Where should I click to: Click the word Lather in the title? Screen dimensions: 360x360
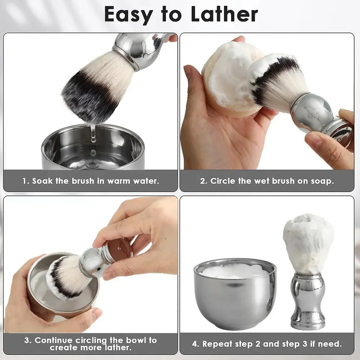(224, 14)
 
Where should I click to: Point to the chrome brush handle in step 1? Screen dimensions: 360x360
(140, 49)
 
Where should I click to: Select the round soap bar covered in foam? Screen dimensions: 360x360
(232, 79)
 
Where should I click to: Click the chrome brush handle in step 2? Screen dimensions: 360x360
(321, 117)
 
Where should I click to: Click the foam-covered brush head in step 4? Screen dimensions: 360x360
(308, 244)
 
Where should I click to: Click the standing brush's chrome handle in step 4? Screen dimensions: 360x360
(308, 301)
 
